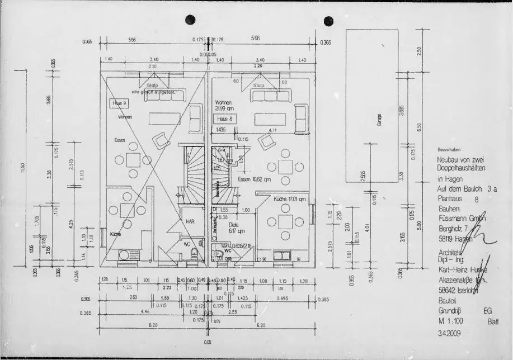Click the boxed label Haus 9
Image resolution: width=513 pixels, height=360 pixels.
coord(121,103)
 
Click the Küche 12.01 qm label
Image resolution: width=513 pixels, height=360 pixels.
coord(290,199)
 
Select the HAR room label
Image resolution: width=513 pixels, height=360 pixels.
coord(190,221)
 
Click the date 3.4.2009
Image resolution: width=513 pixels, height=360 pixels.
coord(450,333)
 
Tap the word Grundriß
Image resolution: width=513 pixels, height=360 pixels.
coord(450,311)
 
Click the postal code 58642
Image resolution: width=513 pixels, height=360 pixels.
coord(446,291)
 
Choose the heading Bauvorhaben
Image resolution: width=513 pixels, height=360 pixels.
coord(450,150)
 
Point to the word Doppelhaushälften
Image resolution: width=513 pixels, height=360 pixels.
coord(462,168)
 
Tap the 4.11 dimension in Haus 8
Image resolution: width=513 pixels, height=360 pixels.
coord(272,130)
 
